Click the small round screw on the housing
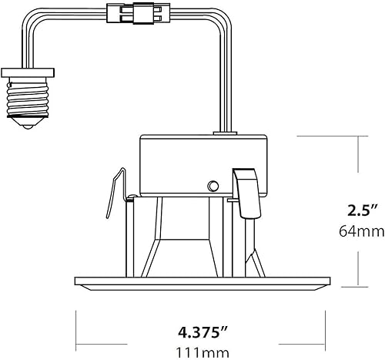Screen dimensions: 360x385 pos(212,185)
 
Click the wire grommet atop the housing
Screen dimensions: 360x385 pos(229,133)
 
